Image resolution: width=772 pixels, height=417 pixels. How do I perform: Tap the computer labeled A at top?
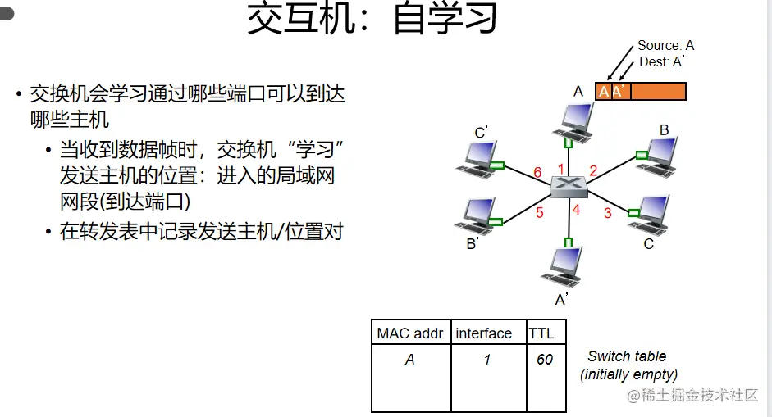coord(573,120)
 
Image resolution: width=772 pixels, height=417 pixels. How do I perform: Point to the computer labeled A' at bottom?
coord(565,265)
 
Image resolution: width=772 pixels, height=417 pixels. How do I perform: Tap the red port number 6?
coord(537,172)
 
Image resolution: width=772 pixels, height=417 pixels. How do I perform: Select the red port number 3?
coord(608,213)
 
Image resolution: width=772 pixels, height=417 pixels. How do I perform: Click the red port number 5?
coord(540,213)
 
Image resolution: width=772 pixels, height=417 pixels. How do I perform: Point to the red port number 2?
coord(593,170)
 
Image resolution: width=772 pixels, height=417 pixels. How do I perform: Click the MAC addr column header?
coord(409,333)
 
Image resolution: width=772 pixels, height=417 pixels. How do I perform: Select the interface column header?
coord(484,333)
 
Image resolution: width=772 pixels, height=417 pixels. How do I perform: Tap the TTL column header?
coord(541,333)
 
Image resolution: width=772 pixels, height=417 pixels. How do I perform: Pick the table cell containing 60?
coord(545,360)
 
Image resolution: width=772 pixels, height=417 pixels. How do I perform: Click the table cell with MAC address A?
coord(409,360)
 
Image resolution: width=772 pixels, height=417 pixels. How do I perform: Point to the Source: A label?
coord(665,46)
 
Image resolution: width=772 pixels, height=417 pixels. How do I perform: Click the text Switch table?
coord(627,356)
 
